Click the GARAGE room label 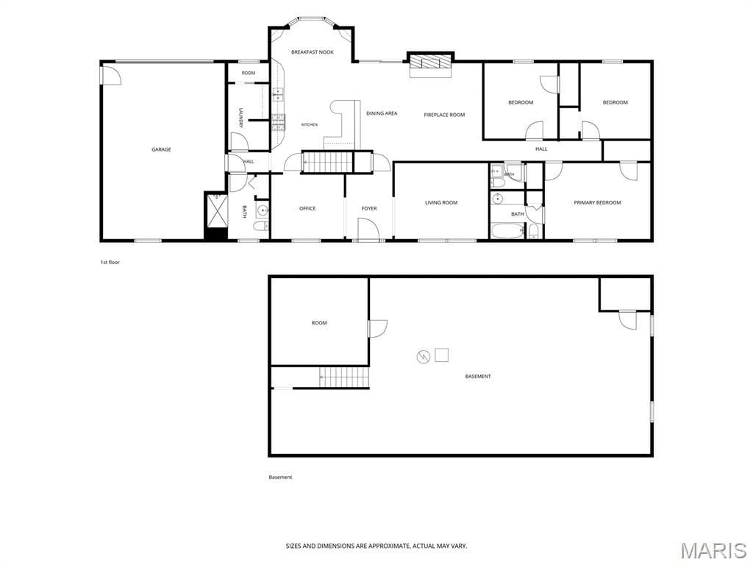[161, 149]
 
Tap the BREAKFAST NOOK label [312, 52]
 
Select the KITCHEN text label [310, 124]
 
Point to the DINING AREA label [382, 113]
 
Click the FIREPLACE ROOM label [444, 115]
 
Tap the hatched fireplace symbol [430, 63]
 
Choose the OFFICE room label [307, 208]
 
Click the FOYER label [369, 208]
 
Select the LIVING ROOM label [441, 203]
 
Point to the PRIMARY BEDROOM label [597, 203]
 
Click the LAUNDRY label [241, 118]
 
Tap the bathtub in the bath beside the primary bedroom [508, 231]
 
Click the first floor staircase [327, 161]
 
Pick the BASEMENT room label [478, 376]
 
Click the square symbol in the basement [441, 355]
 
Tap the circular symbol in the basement [423, 357]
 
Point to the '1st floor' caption [110, 263]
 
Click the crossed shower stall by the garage [217, 210]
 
